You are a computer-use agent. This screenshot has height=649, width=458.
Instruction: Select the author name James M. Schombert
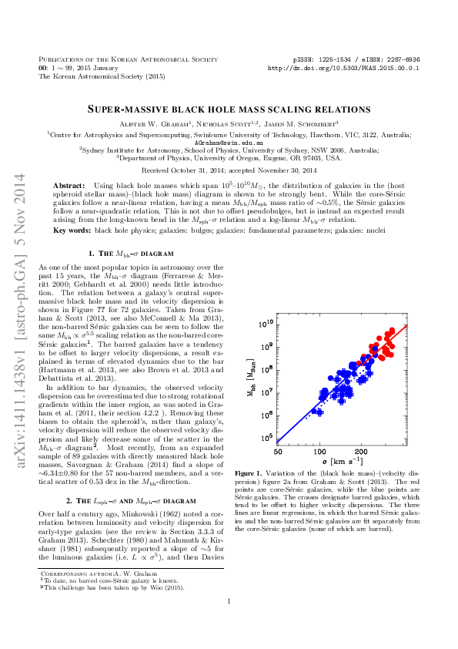[x=307, y=124]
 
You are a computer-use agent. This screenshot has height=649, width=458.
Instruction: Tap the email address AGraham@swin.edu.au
[x=229, y=143]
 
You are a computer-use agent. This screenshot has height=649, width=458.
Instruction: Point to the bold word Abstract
[x=69, y=187]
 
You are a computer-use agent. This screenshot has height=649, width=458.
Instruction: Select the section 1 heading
[x=131, y=254]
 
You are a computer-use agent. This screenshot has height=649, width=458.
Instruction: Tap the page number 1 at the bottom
[x=229, y=624]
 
